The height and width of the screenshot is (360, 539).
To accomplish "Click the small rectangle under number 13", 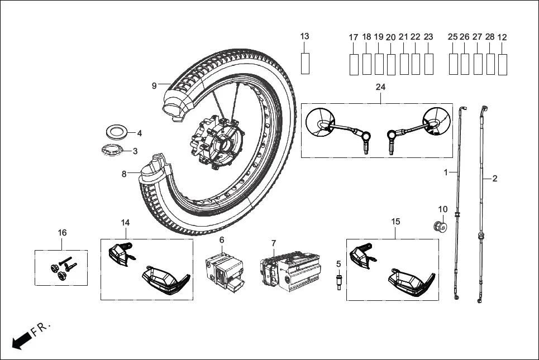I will (x=305, y=63).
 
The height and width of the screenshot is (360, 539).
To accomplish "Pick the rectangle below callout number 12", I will (x=503, y=64).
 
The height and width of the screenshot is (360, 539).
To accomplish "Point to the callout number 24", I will (x=381, y=87).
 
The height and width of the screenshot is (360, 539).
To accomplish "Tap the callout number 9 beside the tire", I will (x=154, y=85).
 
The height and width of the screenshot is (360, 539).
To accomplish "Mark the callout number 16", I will (x=62, y=232).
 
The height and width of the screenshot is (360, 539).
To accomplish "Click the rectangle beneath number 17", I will (x=354, y=64).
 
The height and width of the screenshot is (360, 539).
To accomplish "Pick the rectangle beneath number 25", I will (x=454, y=64).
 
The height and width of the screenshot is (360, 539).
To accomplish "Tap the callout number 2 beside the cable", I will (x=494, y=179).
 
